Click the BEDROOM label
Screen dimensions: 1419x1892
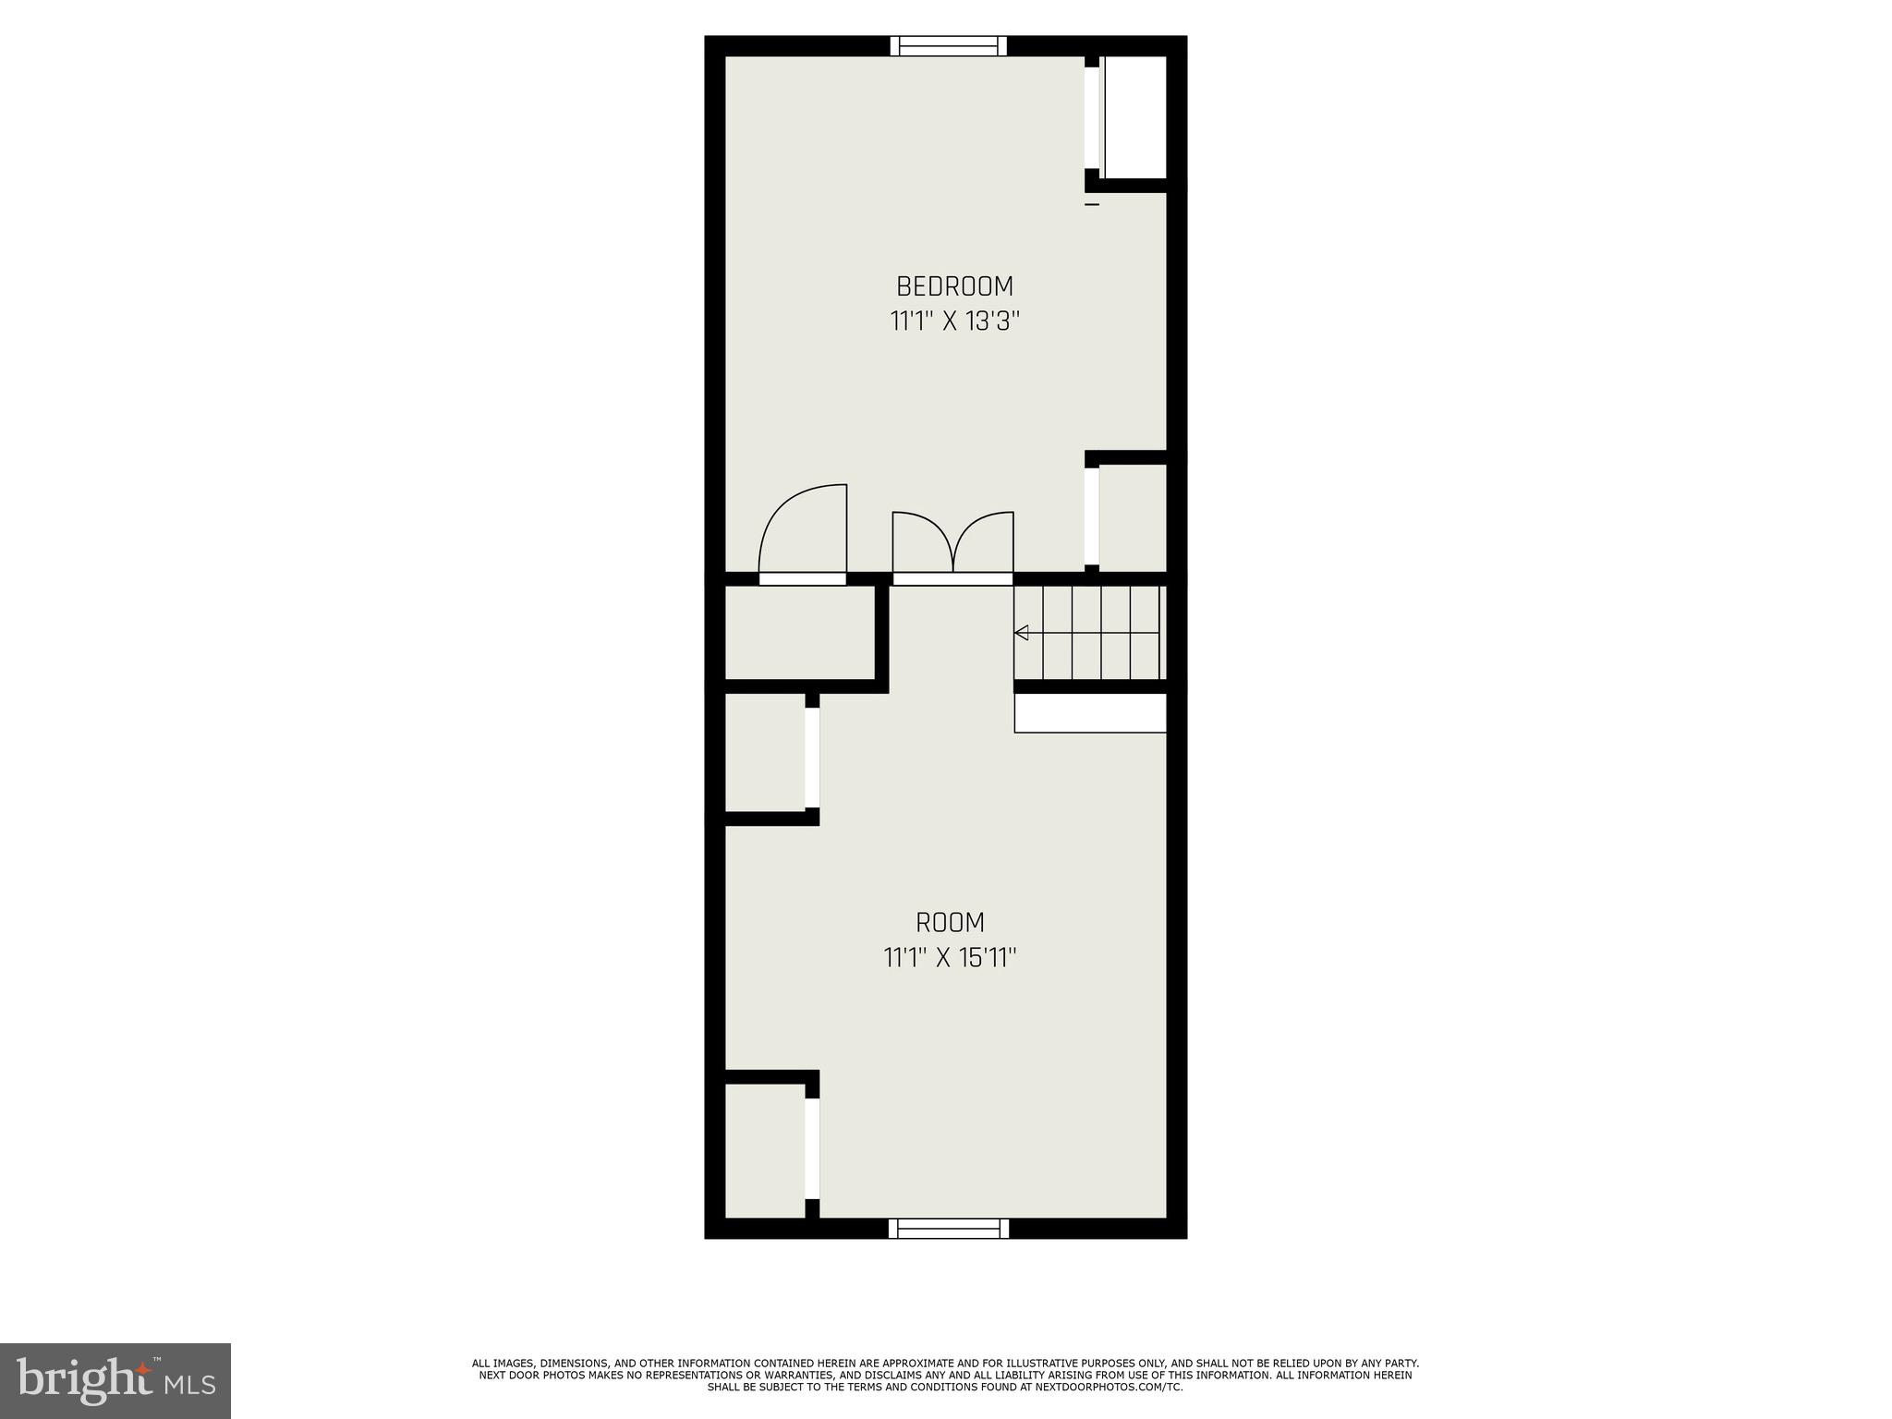pos(954,285)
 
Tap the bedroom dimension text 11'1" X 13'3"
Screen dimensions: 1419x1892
pos(954,321)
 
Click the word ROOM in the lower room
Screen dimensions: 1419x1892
pos(950,922)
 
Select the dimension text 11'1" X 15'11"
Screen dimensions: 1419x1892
pos(950,958)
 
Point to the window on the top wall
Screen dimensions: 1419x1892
pos(949,46)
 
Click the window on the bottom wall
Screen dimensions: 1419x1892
pos(949,1228)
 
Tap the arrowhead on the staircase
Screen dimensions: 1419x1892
pos(1022,633)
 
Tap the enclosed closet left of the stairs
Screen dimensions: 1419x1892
pos(800,633)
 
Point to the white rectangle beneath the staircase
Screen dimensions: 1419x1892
pos(1090,713)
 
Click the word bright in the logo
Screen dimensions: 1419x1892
pos(83,1380)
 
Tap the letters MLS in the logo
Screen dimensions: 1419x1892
pos(190,1383)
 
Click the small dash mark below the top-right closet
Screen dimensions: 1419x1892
pos(1092,204)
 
